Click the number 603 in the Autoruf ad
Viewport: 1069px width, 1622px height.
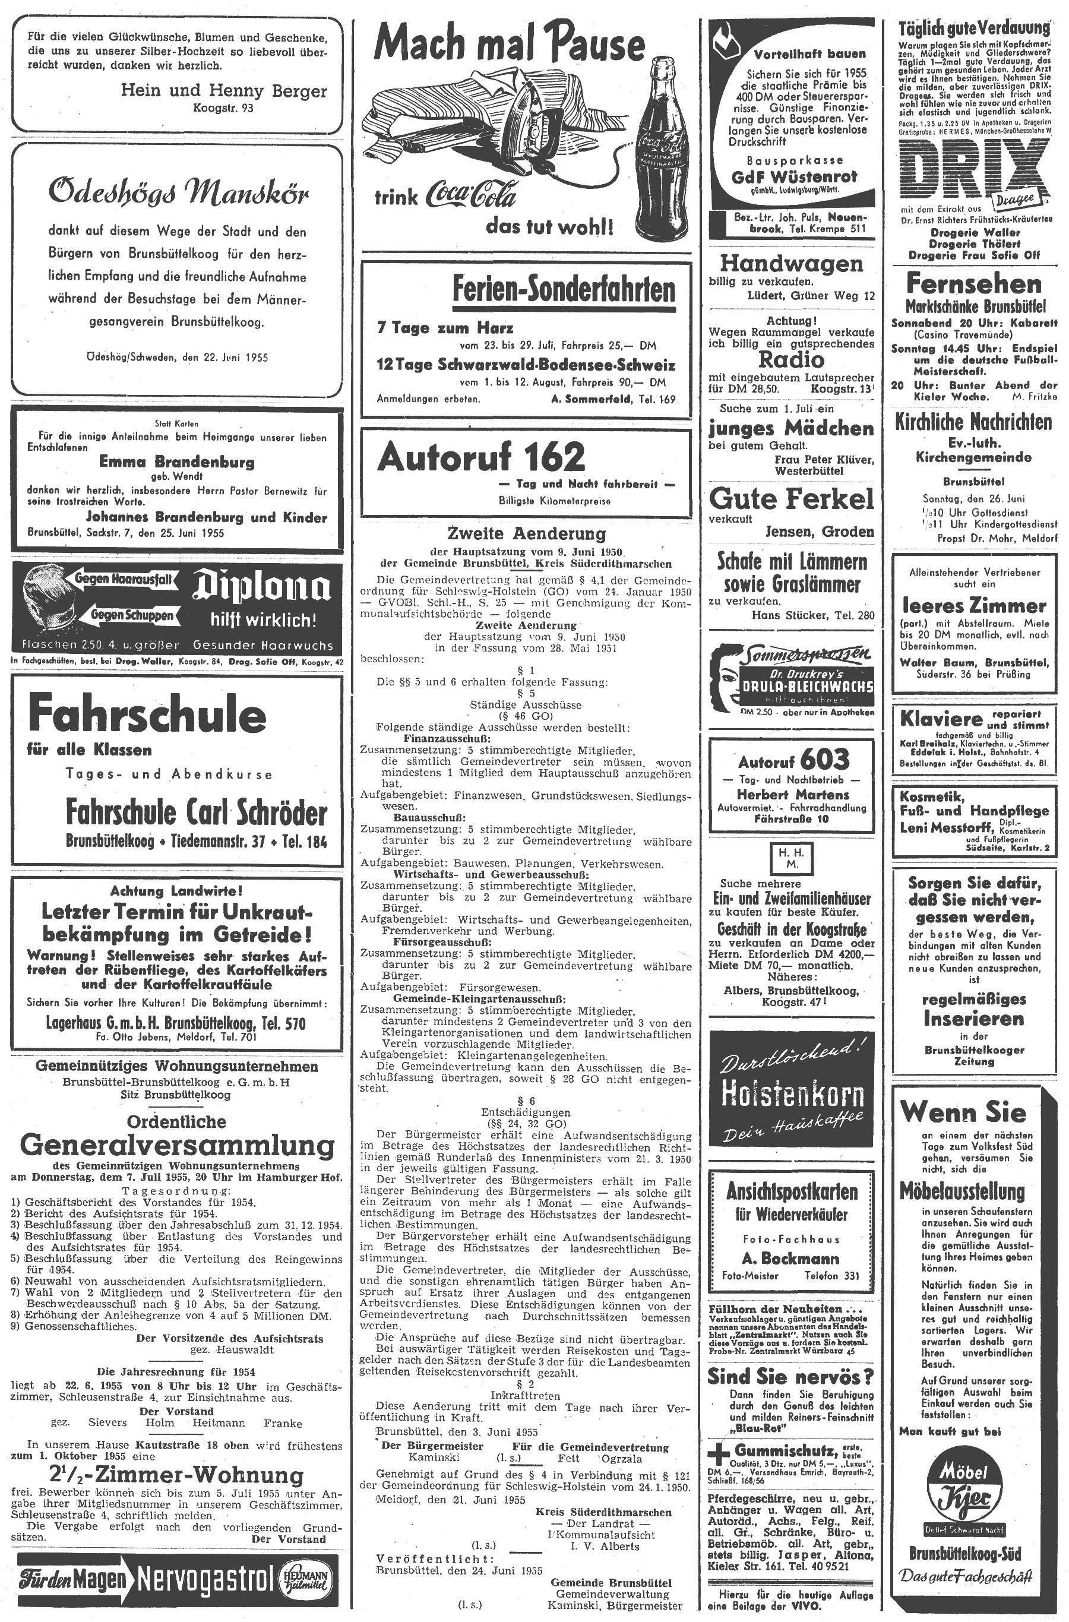tap(824, 759)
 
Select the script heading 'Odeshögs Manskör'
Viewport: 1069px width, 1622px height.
tap(179, 194)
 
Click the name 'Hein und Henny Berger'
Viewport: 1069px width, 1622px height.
tap(224, 91)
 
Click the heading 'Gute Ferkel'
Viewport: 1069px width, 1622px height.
tap(791, 499)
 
